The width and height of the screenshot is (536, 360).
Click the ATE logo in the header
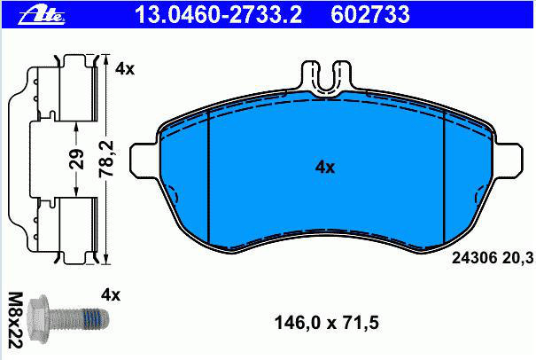[42, 15]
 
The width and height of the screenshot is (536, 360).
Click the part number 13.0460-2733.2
[219, 15]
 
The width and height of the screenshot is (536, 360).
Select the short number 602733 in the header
[369, 15]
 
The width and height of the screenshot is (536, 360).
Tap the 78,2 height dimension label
[106, 159]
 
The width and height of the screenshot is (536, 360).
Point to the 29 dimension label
[77, 159]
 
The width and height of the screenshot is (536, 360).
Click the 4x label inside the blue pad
[325, 168]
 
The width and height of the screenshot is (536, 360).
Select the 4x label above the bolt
[111, 294]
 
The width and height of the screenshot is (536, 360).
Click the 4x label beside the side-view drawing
[125, 69]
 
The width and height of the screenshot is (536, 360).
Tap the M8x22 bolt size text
[15, 320]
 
